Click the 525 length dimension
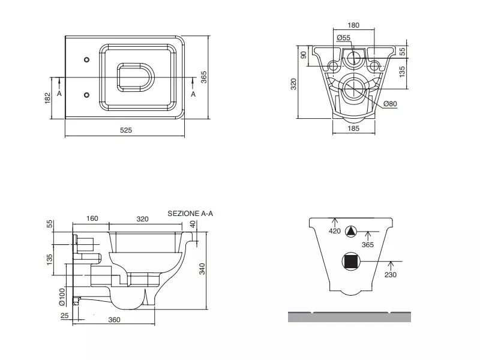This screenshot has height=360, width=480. click(x=126, y=130)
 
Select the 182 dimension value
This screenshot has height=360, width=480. click(x=48, y=98)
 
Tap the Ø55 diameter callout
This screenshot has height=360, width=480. click(x=343, y=38)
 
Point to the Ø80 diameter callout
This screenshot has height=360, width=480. click(x=390, y=104)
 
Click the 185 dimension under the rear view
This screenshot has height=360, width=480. click(x=353, y=128)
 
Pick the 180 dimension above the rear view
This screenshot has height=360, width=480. click(x=353, y=25)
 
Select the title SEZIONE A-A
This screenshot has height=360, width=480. click(x=190, y=214)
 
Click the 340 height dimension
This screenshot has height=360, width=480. click(x=202, y=269)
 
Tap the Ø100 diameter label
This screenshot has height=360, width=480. click(x=62, y=296)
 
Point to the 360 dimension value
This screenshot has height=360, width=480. click(x=114, y=320)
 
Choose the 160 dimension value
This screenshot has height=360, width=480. click(x=92, y=218)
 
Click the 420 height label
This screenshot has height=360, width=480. click(x=335, y=231)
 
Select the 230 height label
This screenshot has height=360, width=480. click(x=391, y=275)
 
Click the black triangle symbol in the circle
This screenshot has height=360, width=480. click(x=351, y=232)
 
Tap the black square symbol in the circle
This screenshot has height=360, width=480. click(x=351, y=262)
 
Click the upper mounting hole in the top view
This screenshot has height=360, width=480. click(x=86, y=59)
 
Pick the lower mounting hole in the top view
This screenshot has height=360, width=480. click(x=86, y=95)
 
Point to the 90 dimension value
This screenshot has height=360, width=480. click(x=304, y=55)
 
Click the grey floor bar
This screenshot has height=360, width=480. click(x=349, y=317)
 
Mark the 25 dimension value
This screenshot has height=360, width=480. click(x=65, y=316)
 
